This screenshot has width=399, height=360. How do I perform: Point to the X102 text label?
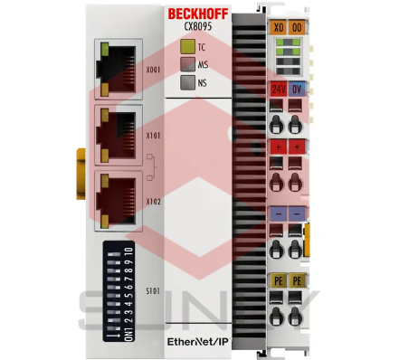153,202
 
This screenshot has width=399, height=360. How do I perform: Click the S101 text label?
153,291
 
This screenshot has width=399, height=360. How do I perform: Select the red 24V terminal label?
277,88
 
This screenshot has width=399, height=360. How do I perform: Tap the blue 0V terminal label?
298,88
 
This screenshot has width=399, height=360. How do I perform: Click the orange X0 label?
277,28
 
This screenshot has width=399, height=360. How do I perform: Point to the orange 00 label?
298,28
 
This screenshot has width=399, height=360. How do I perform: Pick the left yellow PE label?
277,282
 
